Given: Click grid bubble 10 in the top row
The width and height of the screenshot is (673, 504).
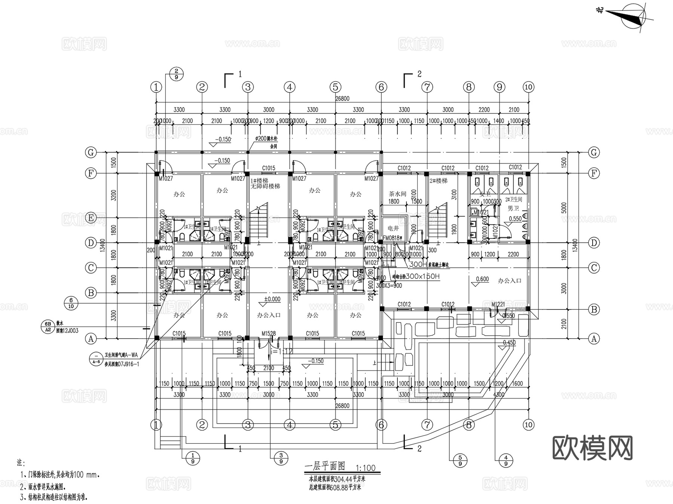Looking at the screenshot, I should click(528, 87).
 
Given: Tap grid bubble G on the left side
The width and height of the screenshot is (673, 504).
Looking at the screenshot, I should click(91, 152).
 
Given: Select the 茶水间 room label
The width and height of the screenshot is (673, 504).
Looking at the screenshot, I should click(397, 194).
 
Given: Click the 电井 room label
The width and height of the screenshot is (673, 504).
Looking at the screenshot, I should click(393, 228).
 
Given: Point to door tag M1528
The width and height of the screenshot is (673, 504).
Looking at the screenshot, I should click(268, 333).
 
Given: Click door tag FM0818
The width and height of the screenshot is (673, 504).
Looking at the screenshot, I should click(391, 238).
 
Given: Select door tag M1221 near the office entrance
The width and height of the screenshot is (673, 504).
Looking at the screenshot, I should click(498, 304).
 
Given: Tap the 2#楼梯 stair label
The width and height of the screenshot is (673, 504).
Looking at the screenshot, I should click(438, 181).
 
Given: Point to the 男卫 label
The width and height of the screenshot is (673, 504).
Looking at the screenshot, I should click(513, 208).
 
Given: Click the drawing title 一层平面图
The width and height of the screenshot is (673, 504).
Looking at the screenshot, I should click(325, 466).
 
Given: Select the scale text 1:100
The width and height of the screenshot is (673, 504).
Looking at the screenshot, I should click(365, 468).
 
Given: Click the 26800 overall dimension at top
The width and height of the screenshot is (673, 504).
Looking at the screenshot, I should click(342, 99).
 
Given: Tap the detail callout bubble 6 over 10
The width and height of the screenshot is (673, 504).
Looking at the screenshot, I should click(71, 303).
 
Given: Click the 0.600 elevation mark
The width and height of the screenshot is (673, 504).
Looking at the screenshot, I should click(482, 279).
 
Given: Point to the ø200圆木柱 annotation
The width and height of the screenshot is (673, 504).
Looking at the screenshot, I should click(266, 138).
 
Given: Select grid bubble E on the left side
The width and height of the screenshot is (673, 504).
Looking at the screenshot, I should click(91, 218).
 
